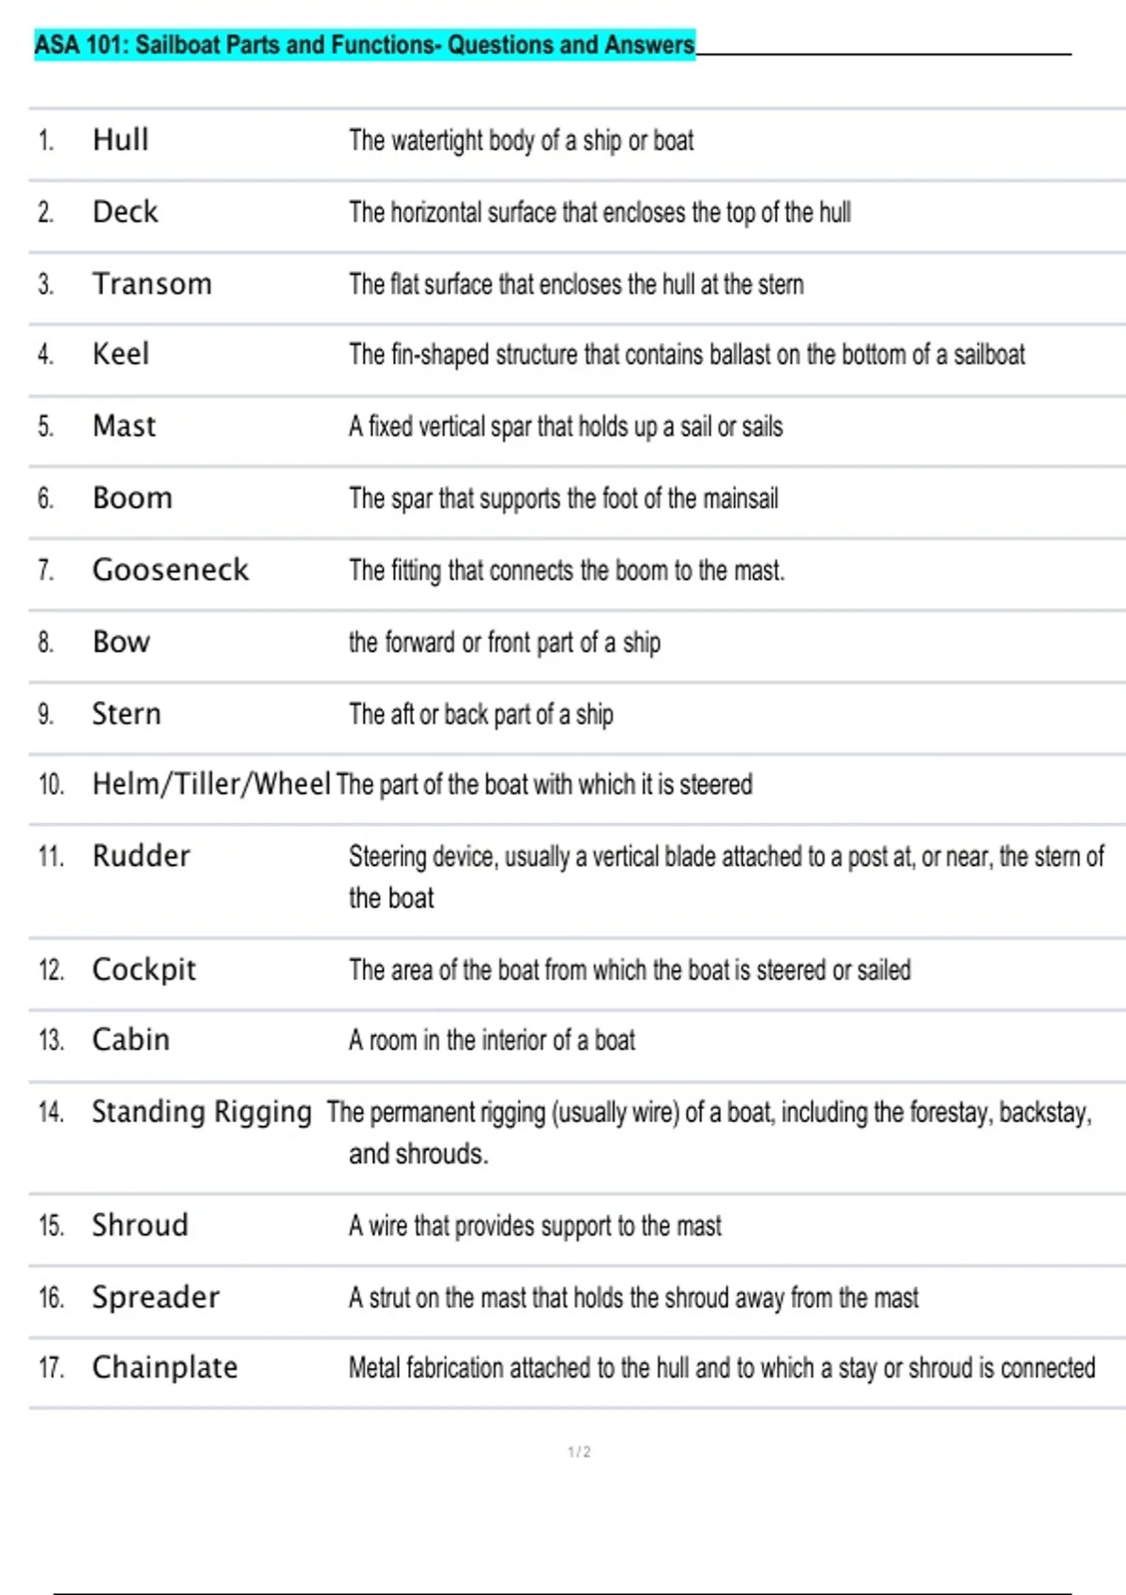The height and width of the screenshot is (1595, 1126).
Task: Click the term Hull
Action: [x=120, y=140]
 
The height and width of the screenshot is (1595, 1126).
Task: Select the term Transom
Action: [x=152, y=283]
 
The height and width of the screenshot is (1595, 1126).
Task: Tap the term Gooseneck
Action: [x=170, y=570]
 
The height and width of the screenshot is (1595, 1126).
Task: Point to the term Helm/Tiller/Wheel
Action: [x=210, y=783]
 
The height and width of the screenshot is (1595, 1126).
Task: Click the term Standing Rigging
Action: [x=201, y=1112]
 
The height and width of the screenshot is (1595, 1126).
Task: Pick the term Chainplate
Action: [x=164, y=1367]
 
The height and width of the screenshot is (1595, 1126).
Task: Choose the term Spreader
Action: [x=155, y=1297]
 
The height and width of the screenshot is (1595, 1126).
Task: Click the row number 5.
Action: [x=45, y=426]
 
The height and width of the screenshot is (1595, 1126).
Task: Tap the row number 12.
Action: [x=51, y=969]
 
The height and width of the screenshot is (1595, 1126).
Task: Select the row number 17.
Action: [x=51, y=1368]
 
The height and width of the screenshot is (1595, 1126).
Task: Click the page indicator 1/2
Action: [x=579, y=1451]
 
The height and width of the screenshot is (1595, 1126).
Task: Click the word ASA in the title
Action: [x=57, y=44]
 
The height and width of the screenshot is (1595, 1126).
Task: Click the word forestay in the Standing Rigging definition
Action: [x=948, y=1113]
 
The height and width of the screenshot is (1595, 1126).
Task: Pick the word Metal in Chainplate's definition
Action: [x=374, y=1368]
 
